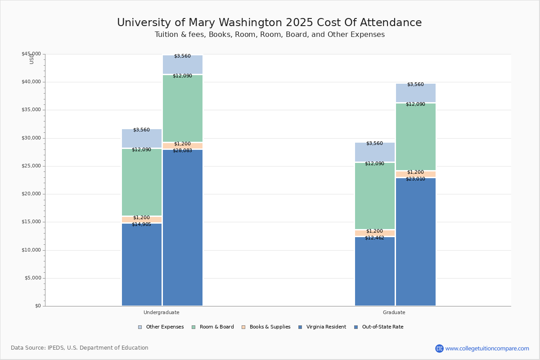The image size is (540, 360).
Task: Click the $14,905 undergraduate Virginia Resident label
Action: pyautogui.click(x=141, y=224)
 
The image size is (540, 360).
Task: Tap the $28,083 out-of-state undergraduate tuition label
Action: pyautogui.click(x=182, y=151)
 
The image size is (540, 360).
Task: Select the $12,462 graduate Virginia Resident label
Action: pyautogui.click(x=374, y=238)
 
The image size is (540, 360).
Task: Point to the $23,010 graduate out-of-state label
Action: pyautogui.click(x=415, y=179)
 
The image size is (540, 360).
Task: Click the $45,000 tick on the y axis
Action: pyautogui.click(x=31, y=54)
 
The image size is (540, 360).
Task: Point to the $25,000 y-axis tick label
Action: pyautogui.click(x=31, y=166)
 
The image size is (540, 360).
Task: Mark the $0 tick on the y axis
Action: pyautogui.click(x=37, y=306)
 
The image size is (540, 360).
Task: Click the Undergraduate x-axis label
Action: pyautogui.click(x=162, y=312)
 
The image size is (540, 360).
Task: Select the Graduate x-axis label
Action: pyautogui.click(x=394, y=312)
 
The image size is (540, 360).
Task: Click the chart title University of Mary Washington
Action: pyautogui.click(x=269, y=23)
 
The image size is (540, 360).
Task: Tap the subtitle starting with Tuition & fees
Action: pyautogui.click(x=270, y=35)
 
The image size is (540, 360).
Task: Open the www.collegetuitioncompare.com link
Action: pyautogui.click(x=487, y=348)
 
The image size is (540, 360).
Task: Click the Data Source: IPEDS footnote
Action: pyautogui.click(x=80, y=348)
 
